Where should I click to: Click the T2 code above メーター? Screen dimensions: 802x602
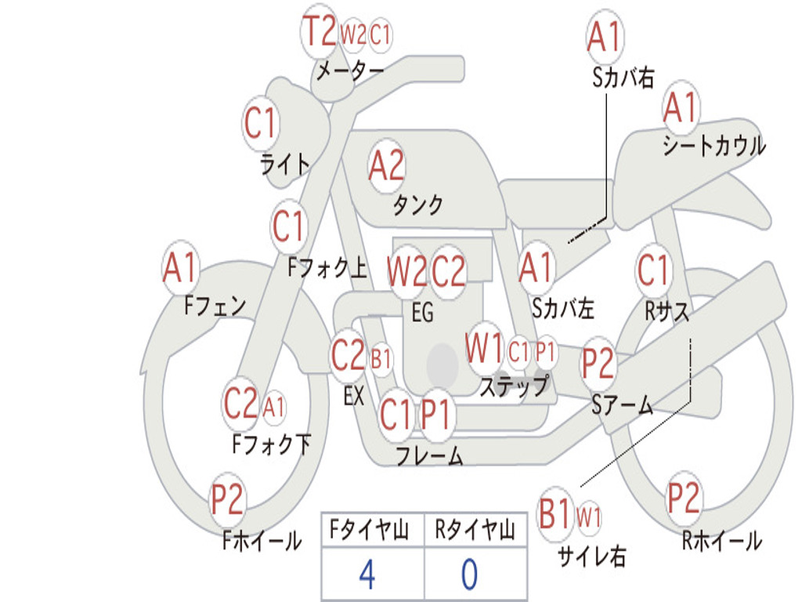320,31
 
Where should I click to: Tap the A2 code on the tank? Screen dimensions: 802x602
386,165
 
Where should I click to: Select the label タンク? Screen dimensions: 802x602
417,205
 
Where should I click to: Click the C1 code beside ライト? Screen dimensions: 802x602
259,123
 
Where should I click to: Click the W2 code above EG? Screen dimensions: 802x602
406,271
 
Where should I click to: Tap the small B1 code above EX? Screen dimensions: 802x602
381,359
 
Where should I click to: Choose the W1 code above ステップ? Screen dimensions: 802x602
484,349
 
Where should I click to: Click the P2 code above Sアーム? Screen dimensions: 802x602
598,363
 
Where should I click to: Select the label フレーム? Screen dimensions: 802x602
430,455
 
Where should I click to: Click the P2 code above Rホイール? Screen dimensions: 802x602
683,498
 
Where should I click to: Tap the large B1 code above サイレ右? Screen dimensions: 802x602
555,513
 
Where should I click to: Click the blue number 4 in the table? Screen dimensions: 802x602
367,574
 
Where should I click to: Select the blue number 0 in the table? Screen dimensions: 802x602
470,574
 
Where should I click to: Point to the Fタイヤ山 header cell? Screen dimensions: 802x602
373,530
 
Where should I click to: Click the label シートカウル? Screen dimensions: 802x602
714,145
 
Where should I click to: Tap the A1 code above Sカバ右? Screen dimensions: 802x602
605,37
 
